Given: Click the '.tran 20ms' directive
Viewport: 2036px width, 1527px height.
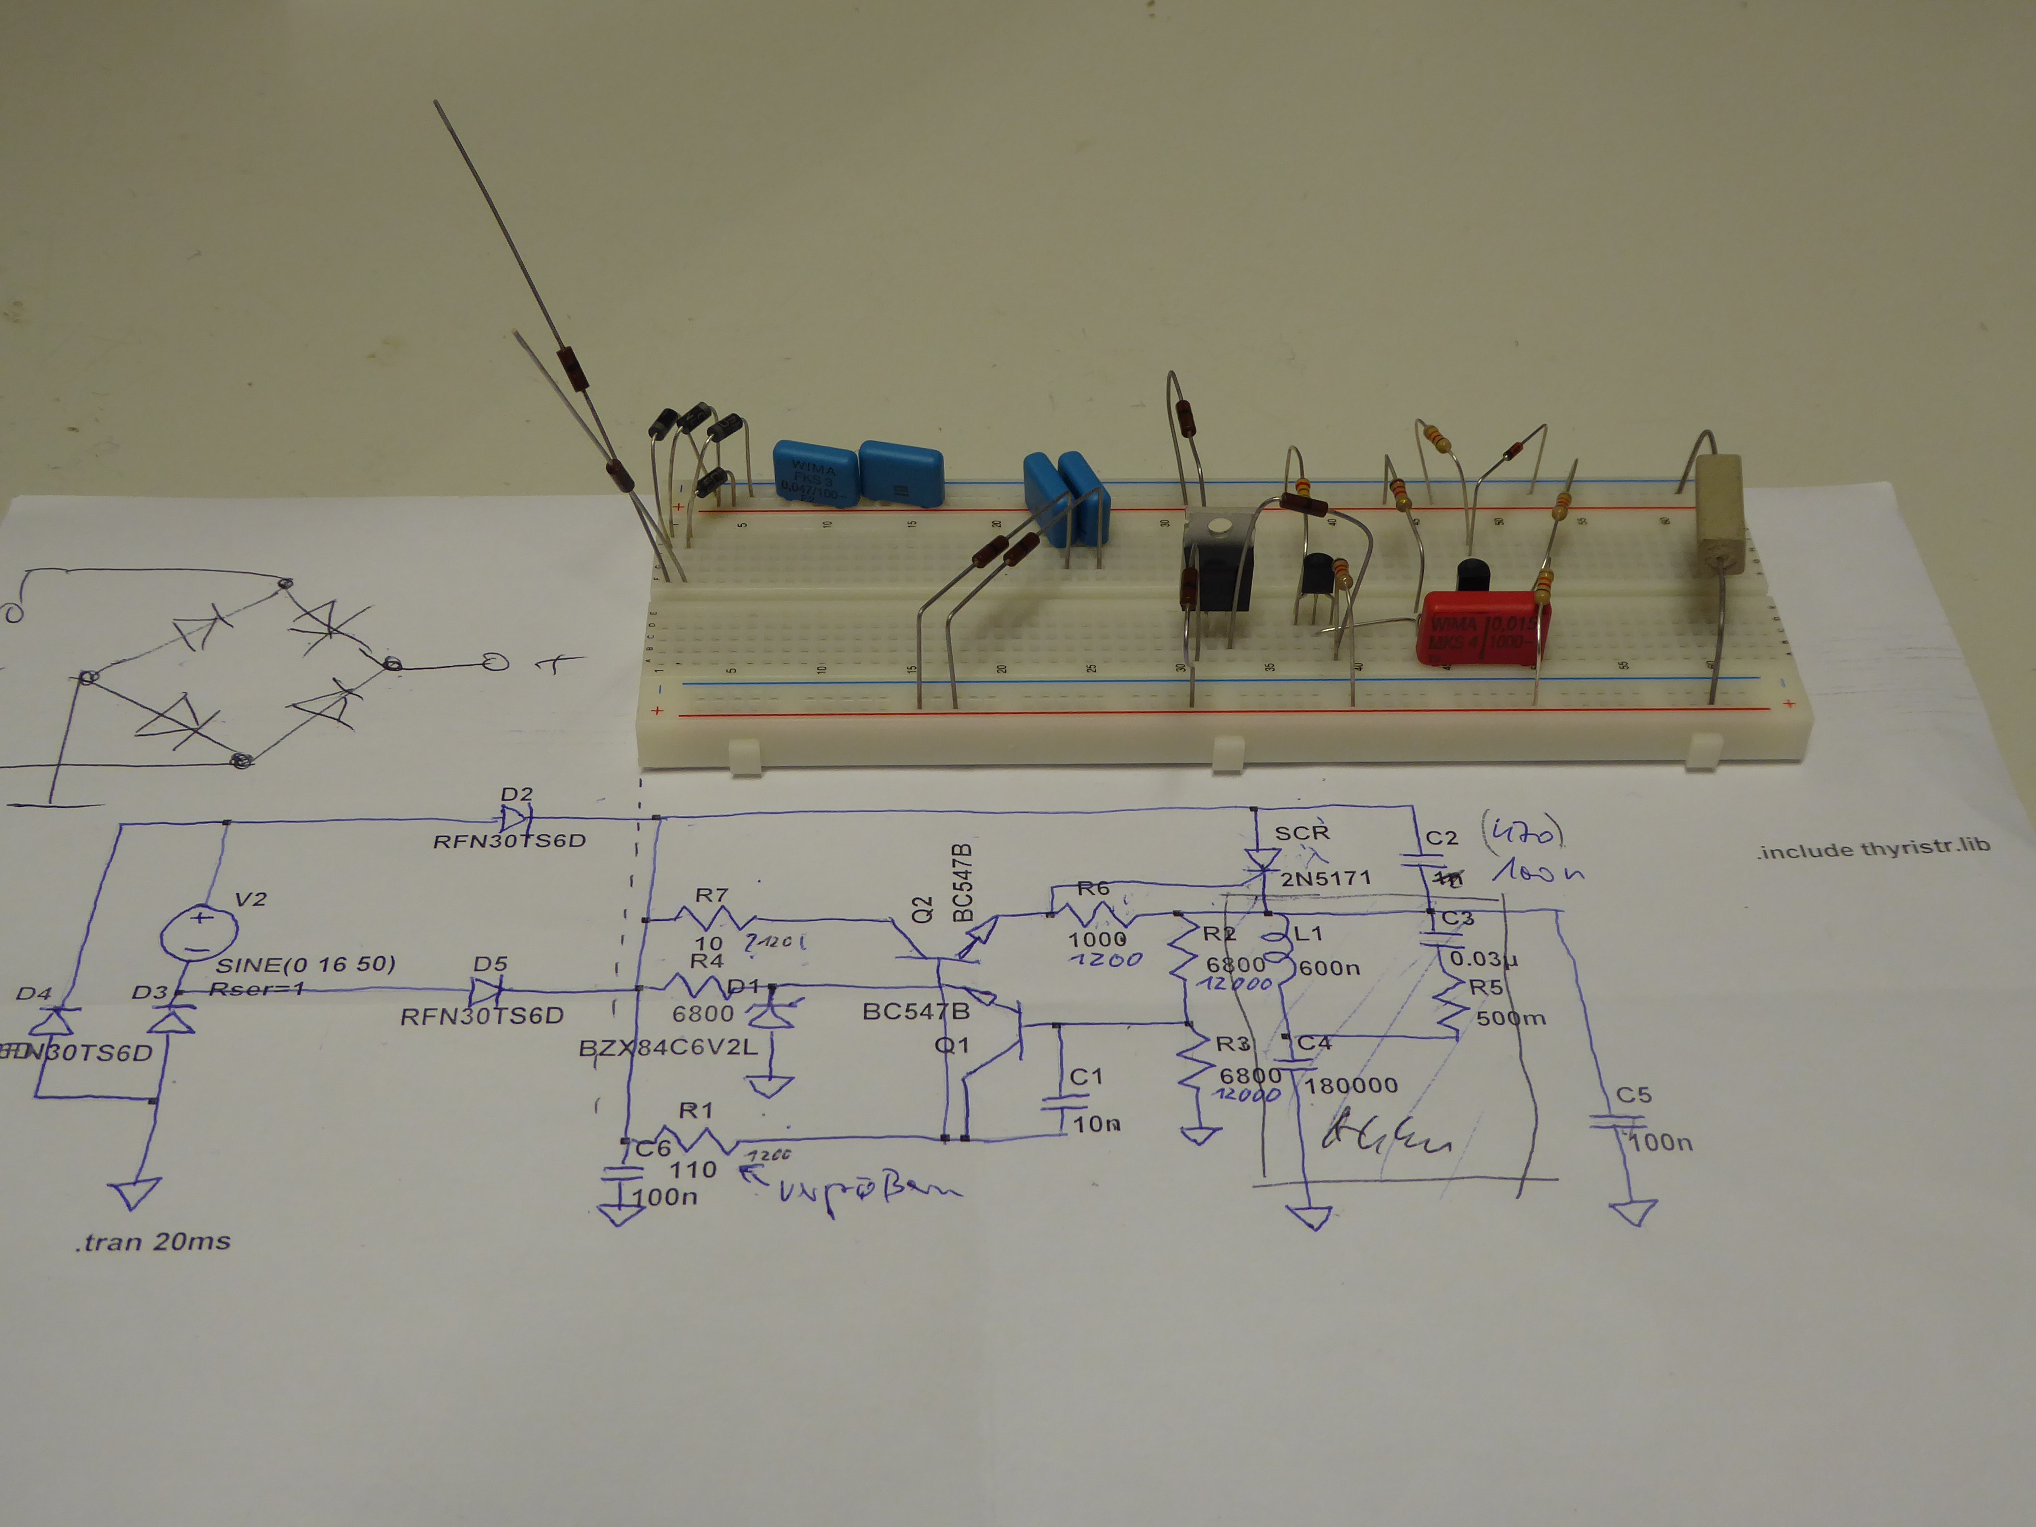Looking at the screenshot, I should [x=153, y=1241].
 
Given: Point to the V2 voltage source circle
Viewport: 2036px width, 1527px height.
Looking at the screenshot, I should [x=200, y=934].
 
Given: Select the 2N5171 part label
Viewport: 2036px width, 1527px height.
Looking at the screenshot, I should [x=1325, y=878].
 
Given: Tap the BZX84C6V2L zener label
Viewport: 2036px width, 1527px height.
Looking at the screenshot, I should [x=668, y=1048].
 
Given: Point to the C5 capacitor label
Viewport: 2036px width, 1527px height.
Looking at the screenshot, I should [x=1634, y=1094].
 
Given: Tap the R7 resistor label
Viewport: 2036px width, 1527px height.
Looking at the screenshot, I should [x=712, y=895].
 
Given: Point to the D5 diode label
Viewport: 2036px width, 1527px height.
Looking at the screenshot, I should [x=491, y=964].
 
